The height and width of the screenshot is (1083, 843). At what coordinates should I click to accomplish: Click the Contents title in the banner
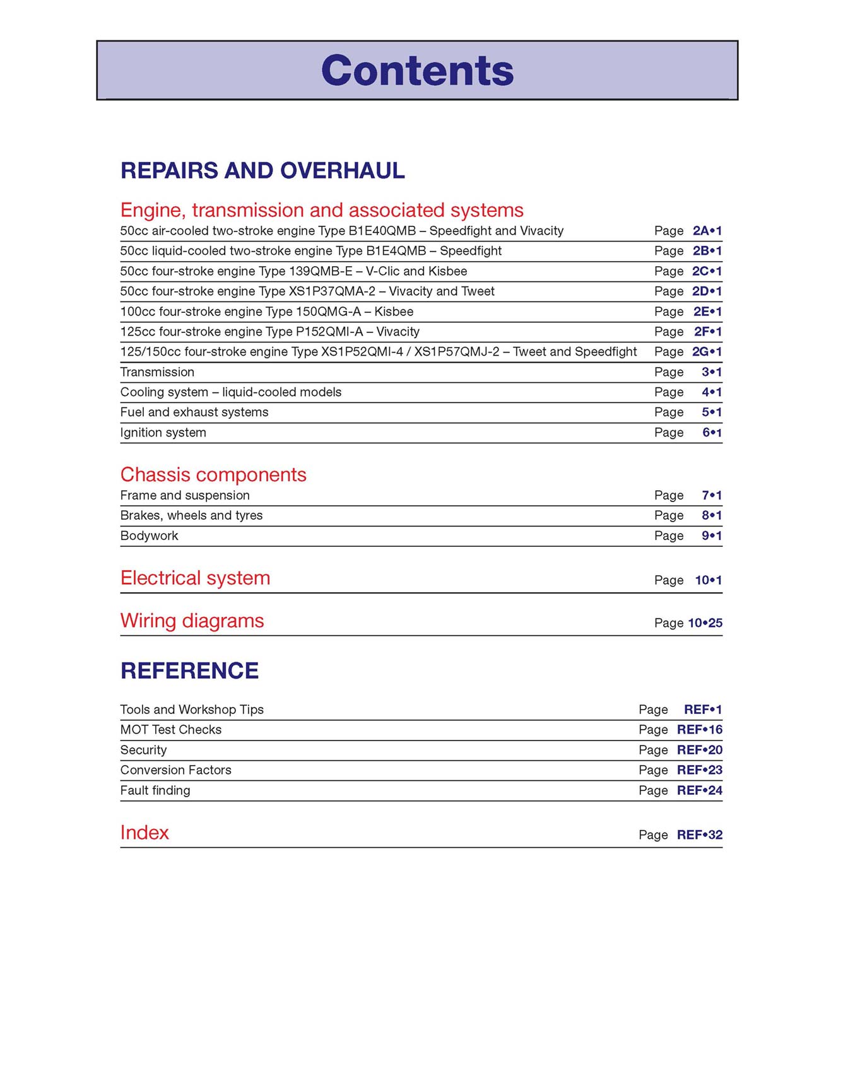click(417, 70)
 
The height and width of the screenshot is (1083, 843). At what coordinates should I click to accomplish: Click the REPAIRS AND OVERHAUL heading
click(262, 170)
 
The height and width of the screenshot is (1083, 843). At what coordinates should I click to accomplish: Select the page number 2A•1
click(707, 231)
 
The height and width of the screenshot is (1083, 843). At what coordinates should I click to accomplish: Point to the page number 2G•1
click(707, 352)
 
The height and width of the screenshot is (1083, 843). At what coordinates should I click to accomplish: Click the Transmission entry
click(157, 372)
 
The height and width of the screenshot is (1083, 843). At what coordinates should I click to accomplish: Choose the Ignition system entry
click(163, 433)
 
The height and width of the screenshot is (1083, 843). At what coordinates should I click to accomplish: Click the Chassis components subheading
click(213, 474)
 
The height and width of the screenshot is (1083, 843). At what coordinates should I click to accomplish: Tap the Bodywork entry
click(149, 536)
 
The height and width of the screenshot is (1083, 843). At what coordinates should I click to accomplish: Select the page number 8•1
click(711, 515)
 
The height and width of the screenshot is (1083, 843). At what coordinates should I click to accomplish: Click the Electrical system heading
click(195, 578)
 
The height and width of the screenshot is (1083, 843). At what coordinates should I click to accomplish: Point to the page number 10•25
click(705, 623)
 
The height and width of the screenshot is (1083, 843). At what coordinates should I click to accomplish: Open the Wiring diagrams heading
click(192, 621)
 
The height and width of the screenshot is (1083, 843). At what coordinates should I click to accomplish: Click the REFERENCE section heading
click(189, 670)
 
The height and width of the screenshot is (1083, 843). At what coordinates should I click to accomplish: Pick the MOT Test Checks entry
click(171, 730)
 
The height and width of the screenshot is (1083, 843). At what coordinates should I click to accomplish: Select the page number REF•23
click(699, 770)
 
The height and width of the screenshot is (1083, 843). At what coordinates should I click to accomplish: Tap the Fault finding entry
click(155, 790)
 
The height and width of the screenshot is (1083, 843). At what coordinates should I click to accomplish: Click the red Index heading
click(144, 833)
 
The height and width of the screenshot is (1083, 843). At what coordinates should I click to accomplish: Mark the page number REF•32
click(699, 835)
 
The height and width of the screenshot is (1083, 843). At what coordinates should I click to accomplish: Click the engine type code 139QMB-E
click(320, 271)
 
